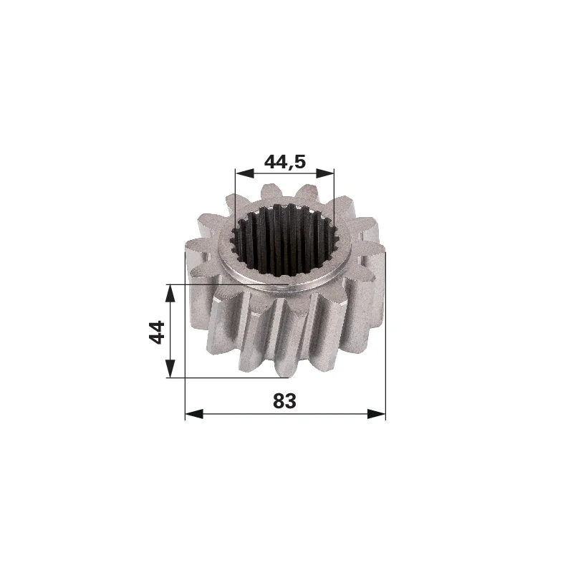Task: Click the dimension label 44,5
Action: tap(284, 162)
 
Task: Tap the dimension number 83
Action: tap(284, 401)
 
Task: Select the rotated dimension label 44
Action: tap(157, 332)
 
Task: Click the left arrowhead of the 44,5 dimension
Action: tap(244, 173)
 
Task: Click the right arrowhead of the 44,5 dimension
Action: tap(325, 173)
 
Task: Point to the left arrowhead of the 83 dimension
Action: tap(194, 414)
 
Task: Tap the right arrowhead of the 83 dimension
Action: tap(377, 414)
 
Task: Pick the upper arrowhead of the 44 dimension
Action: tap(170, 293)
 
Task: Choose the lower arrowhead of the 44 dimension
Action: tap(170, 368)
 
